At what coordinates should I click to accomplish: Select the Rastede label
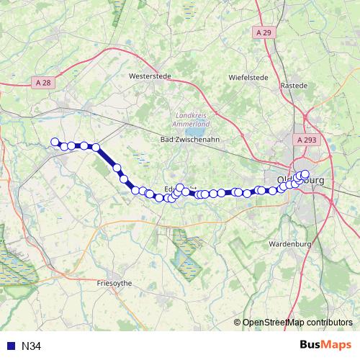coord(294,85)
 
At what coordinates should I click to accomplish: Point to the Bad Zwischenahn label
coord(189,139)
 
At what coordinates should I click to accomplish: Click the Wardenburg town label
coord(288,244)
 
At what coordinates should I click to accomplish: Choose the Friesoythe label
coord(114,284)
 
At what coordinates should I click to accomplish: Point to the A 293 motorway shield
coord(305,140)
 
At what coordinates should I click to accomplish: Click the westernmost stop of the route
coord(54,142)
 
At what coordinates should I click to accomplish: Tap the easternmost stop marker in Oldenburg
coord(305,174)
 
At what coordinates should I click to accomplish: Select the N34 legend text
coord(31,346)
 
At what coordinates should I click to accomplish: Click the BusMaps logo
coord(320,345)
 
